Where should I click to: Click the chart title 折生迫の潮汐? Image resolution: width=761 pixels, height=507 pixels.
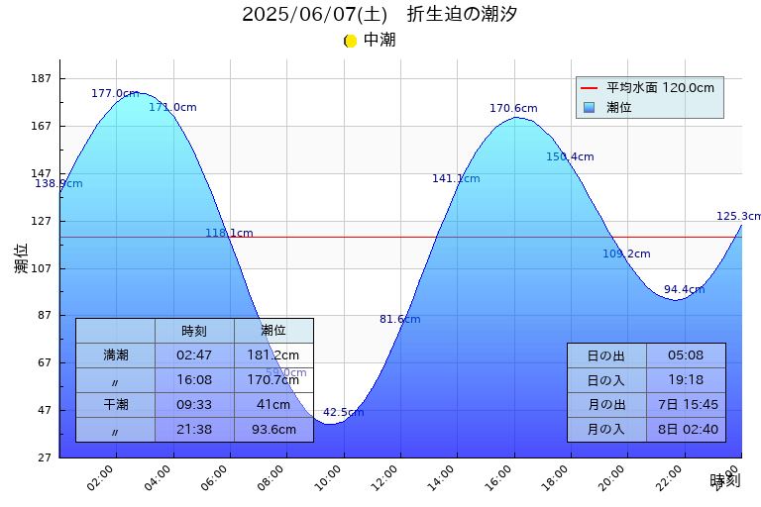coord(462,15)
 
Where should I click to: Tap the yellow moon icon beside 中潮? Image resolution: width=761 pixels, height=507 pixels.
coord(350,41)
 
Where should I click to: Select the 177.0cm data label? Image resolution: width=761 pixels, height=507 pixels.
coord(115,93)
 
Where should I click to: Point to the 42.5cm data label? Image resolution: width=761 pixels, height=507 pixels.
coord(343,412)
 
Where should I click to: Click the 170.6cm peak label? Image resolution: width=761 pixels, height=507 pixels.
coord(513,108)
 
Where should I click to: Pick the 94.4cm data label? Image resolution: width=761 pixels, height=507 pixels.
coord(684,289)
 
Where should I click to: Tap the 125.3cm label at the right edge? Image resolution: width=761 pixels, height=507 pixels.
coord(739,216)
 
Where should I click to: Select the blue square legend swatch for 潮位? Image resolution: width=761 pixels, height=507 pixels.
coord(590,107)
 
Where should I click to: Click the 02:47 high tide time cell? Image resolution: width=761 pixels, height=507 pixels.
coord(194,355)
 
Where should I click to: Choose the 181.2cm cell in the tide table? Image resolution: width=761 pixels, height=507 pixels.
coord(273,355)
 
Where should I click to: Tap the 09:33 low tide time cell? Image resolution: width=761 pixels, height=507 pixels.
coord(194,404)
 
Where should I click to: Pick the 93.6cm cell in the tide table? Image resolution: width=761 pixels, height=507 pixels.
coord(273,429)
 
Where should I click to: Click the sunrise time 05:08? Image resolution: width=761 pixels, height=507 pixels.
coord(686,355)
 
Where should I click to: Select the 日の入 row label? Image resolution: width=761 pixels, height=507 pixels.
coord(606,380)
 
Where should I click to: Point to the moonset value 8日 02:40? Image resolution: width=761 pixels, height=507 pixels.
coord(686,429)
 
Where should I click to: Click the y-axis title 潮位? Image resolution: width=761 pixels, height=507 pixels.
coord(22,258)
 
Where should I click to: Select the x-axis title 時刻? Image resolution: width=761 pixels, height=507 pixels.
coord(724,480)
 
